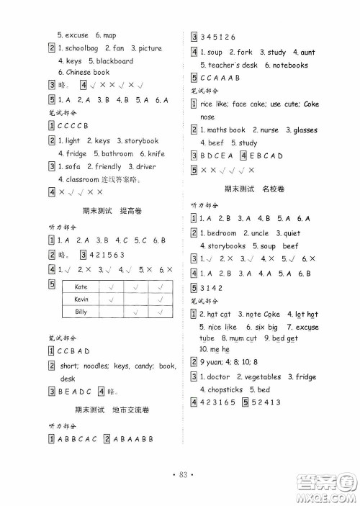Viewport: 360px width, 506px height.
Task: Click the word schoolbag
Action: point(89,48)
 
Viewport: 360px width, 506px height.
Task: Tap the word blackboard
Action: point(114,60)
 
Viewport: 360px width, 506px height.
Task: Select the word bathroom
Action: point(117,153)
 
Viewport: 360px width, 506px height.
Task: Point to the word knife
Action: point(155,153)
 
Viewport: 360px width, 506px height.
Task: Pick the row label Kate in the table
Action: point(81,286)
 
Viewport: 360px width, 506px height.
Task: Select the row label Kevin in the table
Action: point(81,299)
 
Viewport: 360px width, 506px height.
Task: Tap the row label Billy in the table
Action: point(81,312)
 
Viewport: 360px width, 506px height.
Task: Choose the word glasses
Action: point(305,130)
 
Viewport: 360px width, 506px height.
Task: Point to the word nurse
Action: point(269,130)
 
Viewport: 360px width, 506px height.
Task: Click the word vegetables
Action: point(262,376)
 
